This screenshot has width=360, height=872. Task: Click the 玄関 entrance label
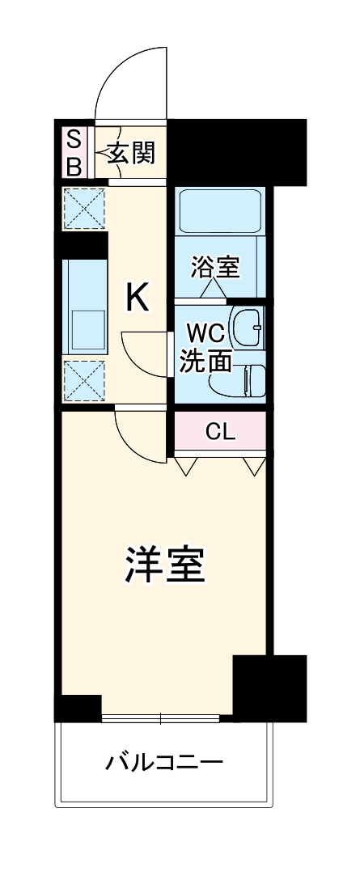point(130,151)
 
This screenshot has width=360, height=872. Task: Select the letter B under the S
point(73,166)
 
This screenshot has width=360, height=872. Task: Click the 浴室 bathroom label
point(214,266)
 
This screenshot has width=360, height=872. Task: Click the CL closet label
point(219,432)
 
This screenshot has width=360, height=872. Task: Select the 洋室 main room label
point(165,565)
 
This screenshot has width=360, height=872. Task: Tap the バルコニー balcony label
point(164,762)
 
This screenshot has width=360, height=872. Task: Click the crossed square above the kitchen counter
point(86,209)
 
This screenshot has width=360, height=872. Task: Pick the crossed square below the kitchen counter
point(85,380)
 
